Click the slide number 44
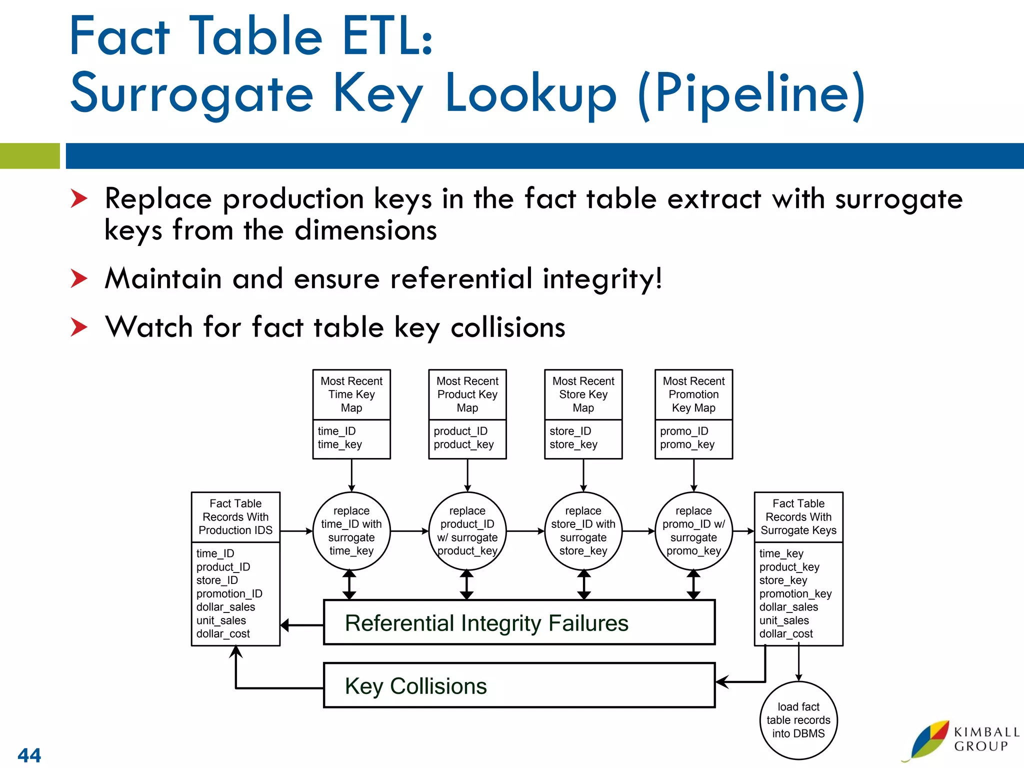(29, 754)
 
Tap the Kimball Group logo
(960, 740)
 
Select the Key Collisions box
(519, 685)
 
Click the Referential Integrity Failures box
(519, 622)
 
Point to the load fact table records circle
(798, 720)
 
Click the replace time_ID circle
(351, 531)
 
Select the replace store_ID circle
(583, 531)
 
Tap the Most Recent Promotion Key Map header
(693, 394)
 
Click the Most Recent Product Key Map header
(467, 394)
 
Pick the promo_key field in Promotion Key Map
(687, 444)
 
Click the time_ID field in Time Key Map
(336, 431)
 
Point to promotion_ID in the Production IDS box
(229, 593)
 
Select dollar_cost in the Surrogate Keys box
(785, 633)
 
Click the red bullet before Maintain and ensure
(78, 278)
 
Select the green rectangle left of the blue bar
(29, 155)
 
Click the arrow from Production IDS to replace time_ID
(296, 531)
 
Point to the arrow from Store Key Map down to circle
(583, 475)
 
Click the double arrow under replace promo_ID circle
(693, 584)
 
